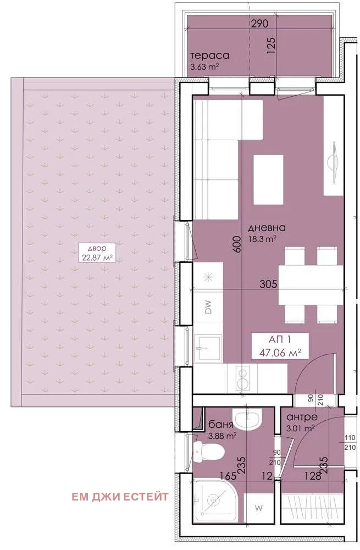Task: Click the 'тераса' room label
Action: (209, 56)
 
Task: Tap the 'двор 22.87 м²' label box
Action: (97, 252)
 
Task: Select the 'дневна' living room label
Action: (267, 228)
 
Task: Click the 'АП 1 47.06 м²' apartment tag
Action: (280, 346)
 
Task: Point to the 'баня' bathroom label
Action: (220, 425)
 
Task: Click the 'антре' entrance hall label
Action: (302, 417)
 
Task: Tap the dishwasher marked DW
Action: (208, 307)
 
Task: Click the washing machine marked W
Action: (259, 508)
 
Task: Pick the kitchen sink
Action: (208, 348)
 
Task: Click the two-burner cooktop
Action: (242, 378)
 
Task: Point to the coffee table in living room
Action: (268, 180)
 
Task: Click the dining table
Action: (311, 285)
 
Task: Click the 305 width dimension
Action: (268, 283)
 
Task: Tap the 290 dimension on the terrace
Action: (260, 24)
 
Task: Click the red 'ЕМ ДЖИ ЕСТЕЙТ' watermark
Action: (120, 497)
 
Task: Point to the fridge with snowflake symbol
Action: (208, 276)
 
